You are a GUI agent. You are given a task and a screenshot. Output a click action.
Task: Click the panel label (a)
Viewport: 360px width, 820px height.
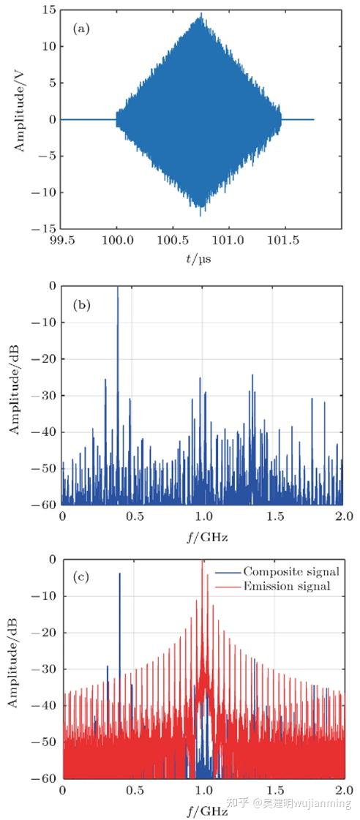tap(80, 29)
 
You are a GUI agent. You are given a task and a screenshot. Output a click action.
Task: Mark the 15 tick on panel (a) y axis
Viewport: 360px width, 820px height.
tap(49, 10)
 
